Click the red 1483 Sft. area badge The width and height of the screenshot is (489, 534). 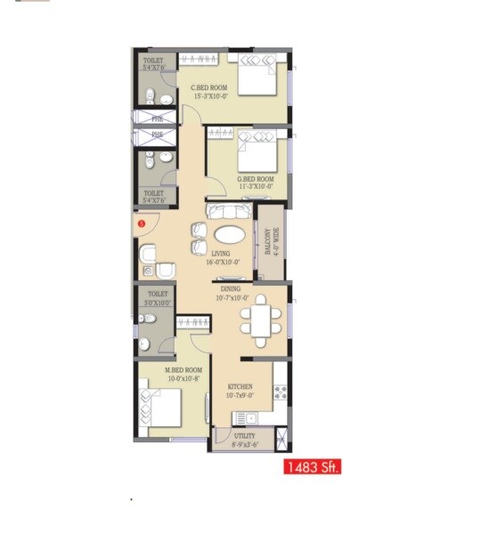[312, 465]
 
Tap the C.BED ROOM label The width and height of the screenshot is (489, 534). [212, 92]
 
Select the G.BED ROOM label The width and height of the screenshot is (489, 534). [256, 182]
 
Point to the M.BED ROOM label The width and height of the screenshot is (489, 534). [183, 374]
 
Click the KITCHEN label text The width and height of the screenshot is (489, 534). [240, 390]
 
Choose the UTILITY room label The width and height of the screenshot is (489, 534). [245, 440]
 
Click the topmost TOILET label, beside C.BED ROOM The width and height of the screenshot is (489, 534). [155, 64]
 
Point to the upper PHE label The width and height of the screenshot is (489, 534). [157, 118]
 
